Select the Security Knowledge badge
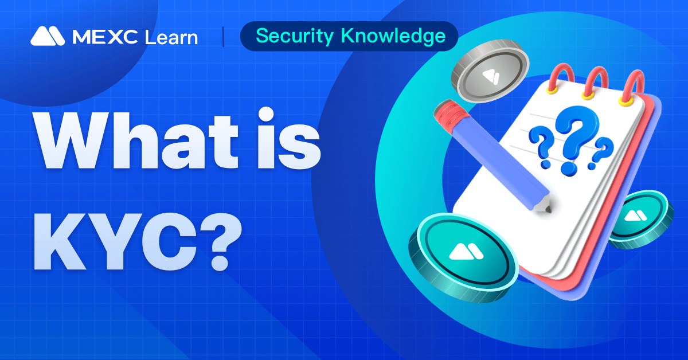coord(350,36)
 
